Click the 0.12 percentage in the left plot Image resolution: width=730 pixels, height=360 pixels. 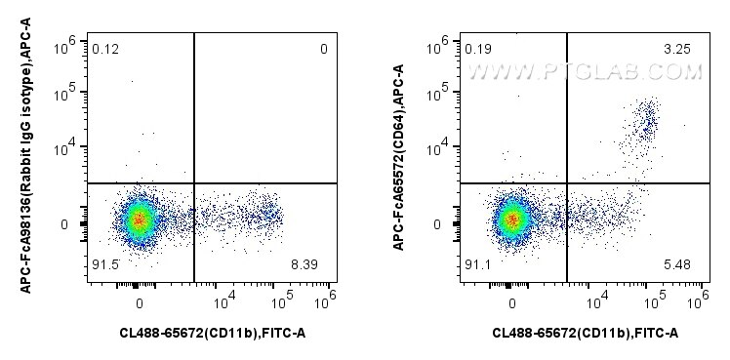pos(105,48)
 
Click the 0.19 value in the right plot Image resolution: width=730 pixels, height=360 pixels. pos(478,48)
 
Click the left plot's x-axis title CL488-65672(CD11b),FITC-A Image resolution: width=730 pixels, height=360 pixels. pos(213,333)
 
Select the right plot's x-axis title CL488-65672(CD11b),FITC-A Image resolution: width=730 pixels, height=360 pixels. pos(586,333)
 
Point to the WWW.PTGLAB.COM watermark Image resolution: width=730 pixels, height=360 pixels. pos(586,70)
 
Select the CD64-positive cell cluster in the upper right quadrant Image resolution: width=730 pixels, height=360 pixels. pos(645,122)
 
